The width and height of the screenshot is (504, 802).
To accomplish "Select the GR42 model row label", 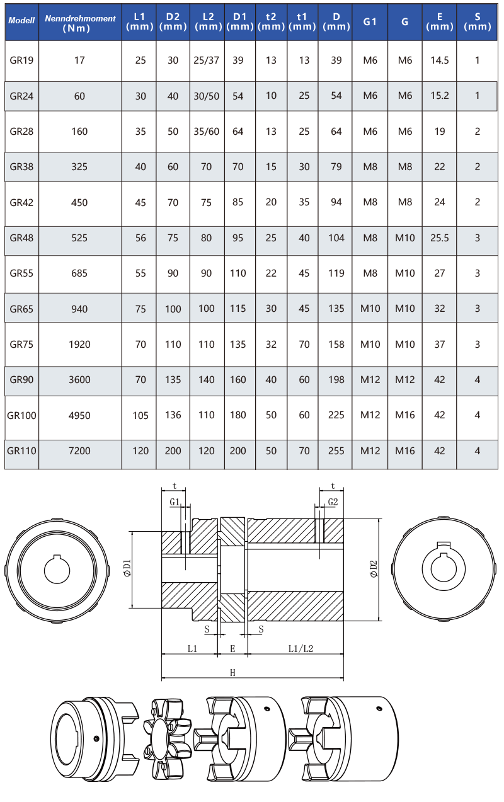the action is click(x=21, y=203).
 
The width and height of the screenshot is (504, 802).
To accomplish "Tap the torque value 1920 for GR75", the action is click(x=79, y=345).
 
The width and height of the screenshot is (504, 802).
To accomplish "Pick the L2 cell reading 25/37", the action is click(x=206, y=60).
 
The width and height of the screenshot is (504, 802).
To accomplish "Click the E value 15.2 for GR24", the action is click(x=440, y=96).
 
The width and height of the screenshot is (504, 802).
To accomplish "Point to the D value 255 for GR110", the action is click(x=336, y=450).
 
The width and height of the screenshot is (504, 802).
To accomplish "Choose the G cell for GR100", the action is click(x=405, y=415).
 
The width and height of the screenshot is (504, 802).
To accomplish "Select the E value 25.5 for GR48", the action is click(x=440, y=238).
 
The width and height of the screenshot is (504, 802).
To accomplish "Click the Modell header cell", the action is click(x=21, y=20).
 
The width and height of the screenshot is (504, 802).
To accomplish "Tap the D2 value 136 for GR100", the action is click(x=173, y=415).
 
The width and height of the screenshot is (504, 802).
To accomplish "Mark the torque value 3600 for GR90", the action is click(x=79, y=379).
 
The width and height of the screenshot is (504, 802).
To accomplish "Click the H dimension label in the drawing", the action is click(x=232, y=673).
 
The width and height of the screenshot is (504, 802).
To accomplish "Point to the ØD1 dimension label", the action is click(x=127, y=568).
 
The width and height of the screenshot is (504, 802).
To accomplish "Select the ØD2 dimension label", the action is click(x=374, y=569).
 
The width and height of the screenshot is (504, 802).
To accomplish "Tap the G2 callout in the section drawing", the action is click(x=333, y=502).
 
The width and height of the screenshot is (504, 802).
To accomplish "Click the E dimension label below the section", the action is click(x=232, y=649).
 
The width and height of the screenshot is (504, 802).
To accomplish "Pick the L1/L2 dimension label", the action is click(x=301, y=649).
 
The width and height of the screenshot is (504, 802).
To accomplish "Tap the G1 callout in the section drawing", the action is click(x=175, y=502).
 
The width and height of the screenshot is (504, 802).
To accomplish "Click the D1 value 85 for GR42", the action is click(x=238, y=202).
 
